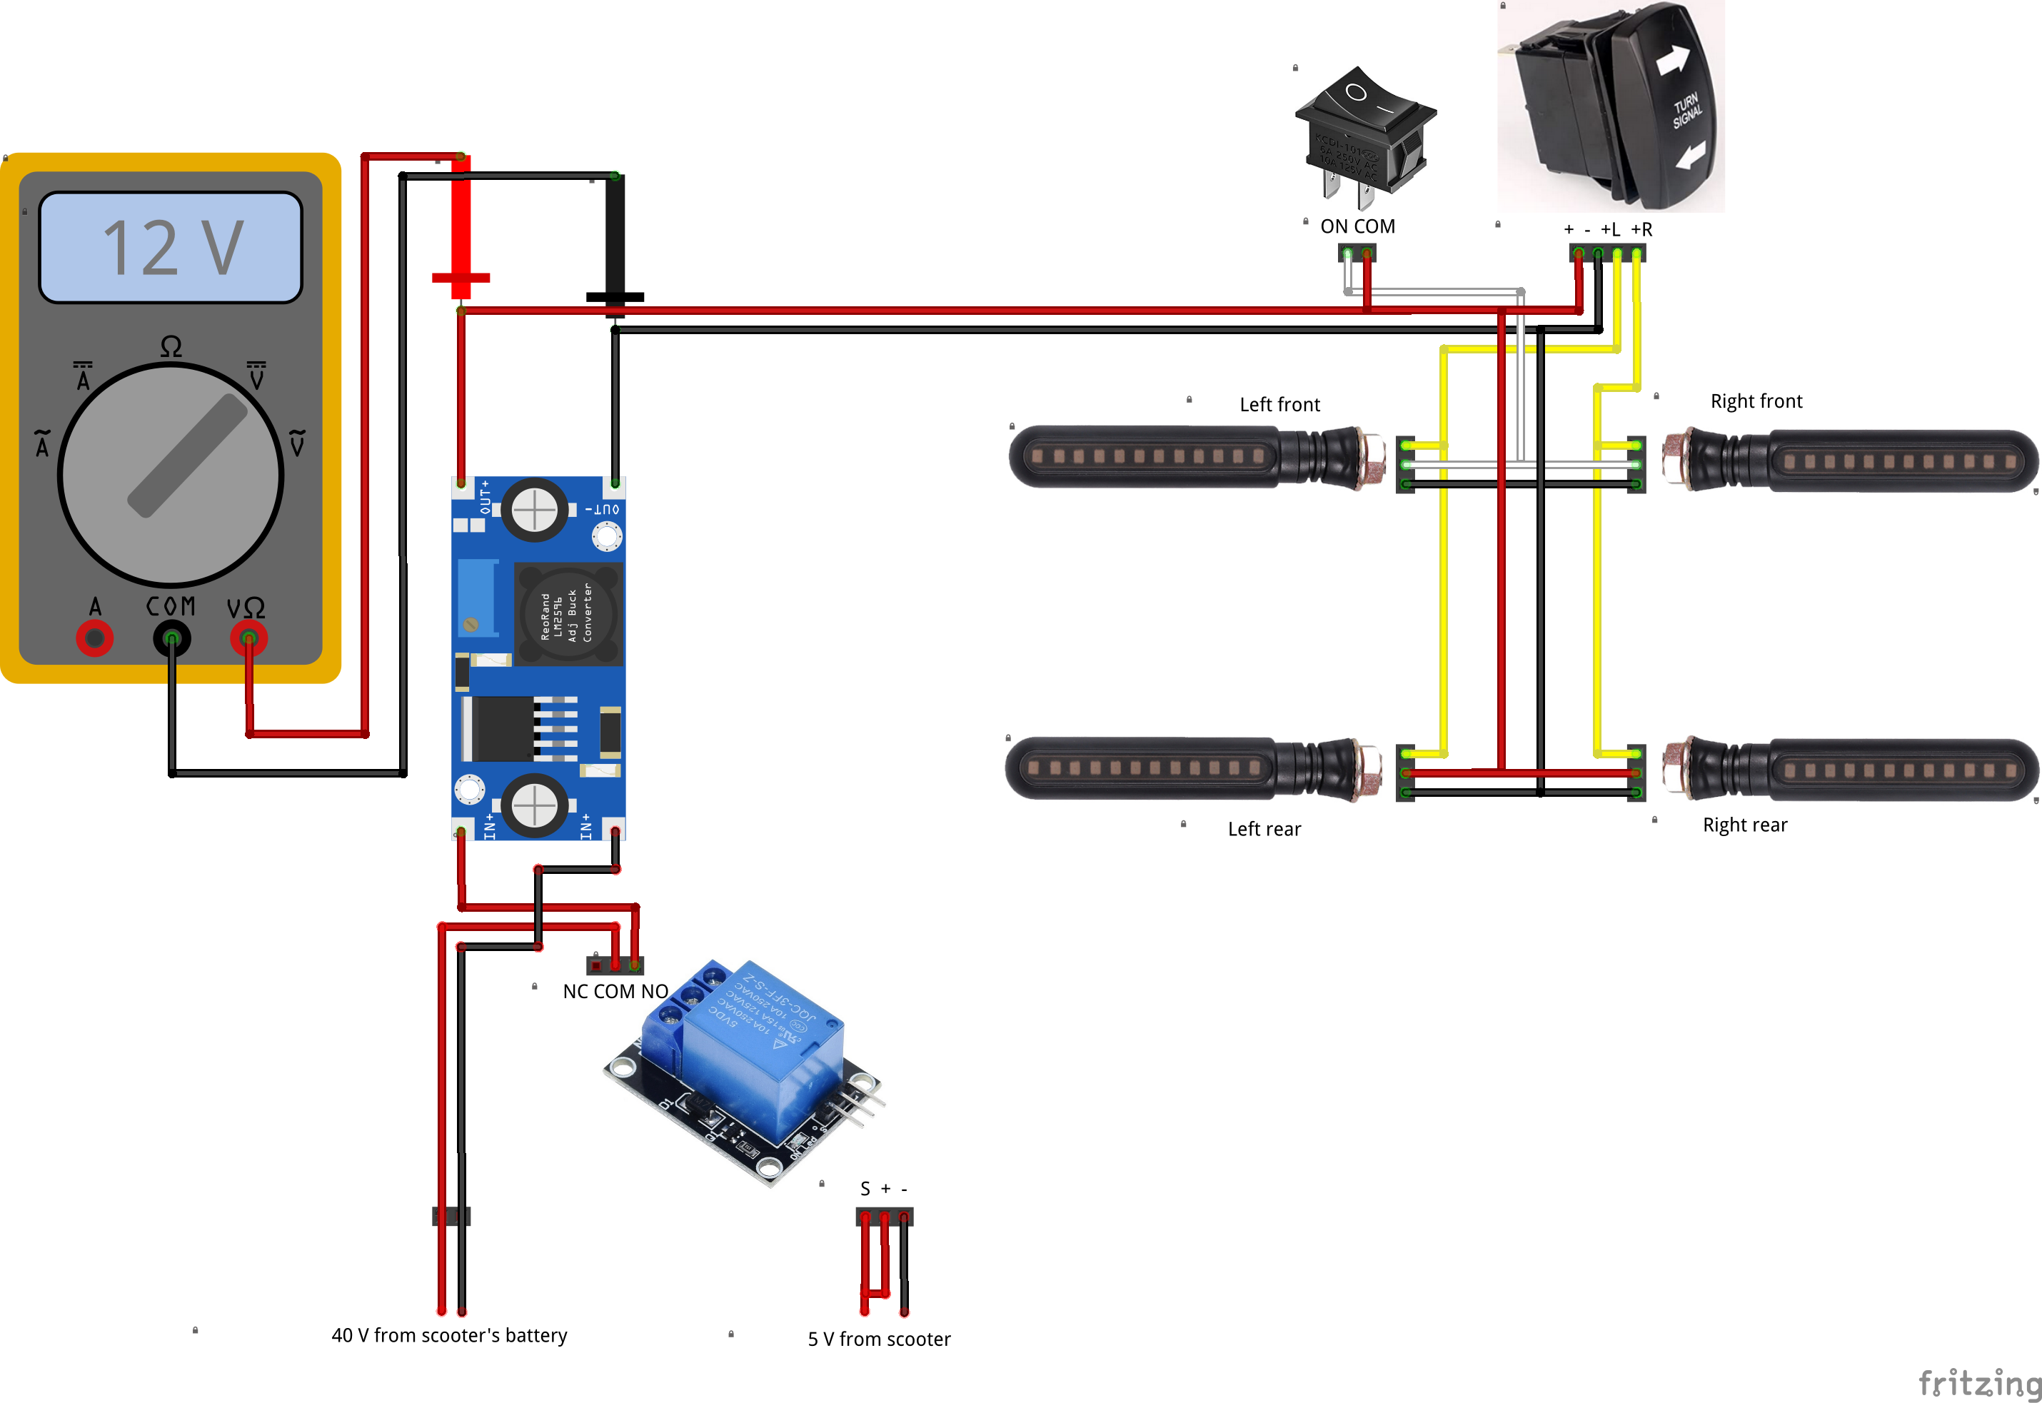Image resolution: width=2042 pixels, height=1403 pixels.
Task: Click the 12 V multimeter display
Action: [x=171, y=248]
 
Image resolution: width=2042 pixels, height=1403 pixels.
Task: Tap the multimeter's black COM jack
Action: [x=171, y=638]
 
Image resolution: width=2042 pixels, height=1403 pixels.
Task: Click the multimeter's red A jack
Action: [x=94, y=638]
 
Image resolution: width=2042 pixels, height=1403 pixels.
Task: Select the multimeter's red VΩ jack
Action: [x=248, y=638]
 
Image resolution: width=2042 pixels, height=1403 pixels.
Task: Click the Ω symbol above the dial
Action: [x=171, y=347]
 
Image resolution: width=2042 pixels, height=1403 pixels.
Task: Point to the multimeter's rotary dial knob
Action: [x=171, y=476]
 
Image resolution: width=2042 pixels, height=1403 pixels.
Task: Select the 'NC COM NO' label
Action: [x=615, y=992]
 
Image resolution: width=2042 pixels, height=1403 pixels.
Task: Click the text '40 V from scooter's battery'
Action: [x=449, y=1335]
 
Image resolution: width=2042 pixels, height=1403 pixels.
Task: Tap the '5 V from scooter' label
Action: [x=879, y=1339]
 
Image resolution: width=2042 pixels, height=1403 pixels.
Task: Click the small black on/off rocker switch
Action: [x=1364, y=132]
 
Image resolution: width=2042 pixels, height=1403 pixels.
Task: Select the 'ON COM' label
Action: [x=1357, y=227]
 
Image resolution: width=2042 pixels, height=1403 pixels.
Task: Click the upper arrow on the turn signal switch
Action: [x=1672, y=60]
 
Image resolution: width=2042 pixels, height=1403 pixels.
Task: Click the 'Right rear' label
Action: [x=1745, y=825]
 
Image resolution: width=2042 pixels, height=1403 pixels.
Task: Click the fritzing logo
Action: [x=1978, y=1383]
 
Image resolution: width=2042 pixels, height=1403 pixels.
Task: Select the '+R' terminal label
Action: [x=1641, y=229]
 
